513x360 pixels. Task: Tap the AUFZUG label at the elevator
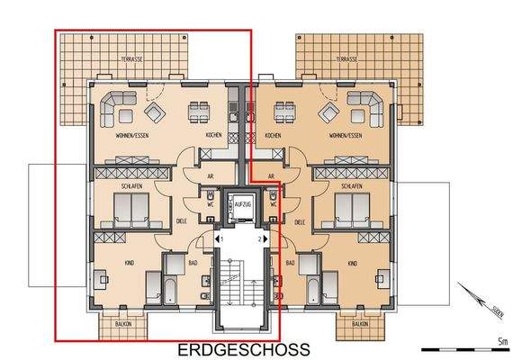(x=240, y=205)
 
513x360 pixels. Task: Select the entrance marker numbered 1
(x=219, y=239)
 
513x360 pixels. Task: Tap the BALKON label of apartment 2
(x=360, y=321)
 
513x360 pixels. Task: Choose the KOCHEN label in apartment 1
(x=213, y=135)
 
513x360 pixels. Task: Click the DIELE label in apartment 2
(x=299, y=220)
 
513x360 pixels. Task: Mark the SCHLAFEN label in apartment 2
(x=351, y=186)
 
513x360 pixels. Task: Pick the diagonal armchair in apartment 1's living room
(x=154, y=112)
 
